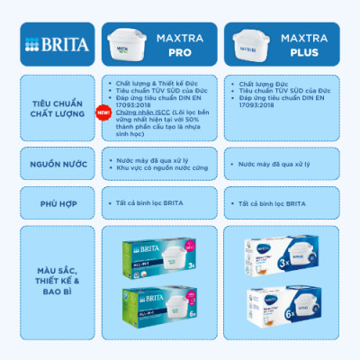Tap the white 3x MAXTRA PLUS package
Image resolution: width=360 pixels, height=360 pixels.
(284, 254)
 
